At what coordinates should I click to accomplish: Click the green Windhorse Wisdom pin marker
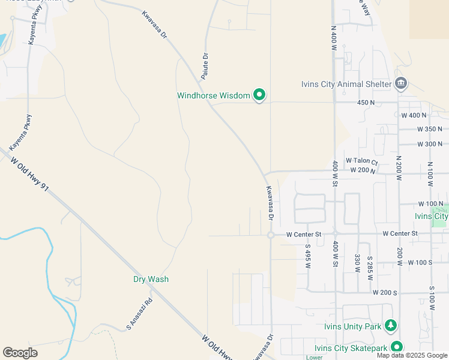click(259, 95)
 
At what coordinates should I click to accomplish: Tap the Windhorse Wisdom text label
click(213, 95)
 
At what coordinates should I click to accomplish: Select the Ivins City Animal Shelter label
click(346, 84)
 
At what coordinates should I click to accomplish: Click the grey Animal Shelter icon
click(401, 83)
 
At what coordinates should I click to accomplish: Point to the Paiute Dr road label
click(204, 66)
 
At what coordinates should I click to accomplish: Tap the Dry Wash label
click(151, 279)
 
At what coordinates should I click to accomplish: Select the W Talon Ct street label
click(361, 161)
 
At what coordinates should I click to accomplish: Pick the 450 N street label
click(366, 103)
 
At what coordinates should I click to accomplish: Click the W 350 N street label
click(430, 129)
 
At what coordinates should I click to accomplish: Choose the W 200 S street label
click(385, 292)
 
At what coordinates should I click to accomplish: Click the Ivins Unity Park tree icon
click(391, 325)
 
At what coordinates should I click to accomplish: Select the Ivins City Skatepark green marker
click(397, 347)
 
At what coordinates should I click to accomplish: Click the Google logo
click(20, 353)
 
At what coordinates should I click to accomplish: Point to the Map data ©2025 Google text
click(412, 355)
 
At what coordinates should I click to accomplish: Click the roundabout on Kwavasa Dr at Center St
click(271, 235)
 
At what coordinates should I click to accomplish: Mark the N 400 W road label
click(334, 38)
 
